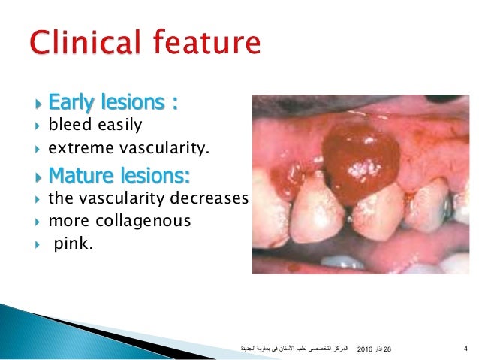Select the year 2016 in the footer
click(x=366, y=349)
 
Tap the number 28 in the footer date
click(x=388, y=349)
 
